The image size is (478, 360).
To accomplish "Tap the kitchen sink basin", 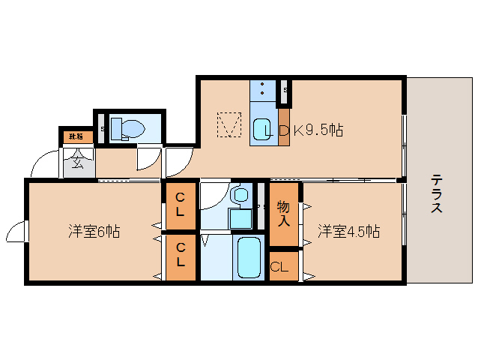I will pyautogui.click(x=262, y=128).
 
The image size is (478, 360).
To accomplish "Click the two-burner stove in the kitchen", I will pyautogui.click(x=262, y=90).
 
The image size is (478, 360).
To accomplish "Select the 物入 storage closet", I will pyautogui.click(x=284, y=214).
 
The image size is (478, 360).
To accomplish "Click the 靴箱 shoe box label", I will pyautogui.click(x=76, y=136).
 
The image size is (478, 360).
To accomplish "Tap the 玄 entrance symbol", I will pyautogui.click(x=77, y=160).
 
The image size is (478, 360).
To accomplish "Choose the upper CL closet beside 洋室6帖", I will pyautogui.click(x=181, y=205).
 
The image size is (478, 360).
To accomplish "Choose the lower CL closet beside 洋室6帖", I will pyautogui.click(x=181, y=256).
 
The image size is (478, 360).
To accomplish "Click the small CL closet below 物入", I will pyautogui.click(x=282, y=266).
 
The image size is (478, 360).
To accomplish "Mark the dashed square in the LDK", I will pyautogui.click(x=229, y=124).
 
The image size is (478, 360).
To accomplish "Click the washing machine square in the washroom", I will pyautogui.click(x=240, y=218).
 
